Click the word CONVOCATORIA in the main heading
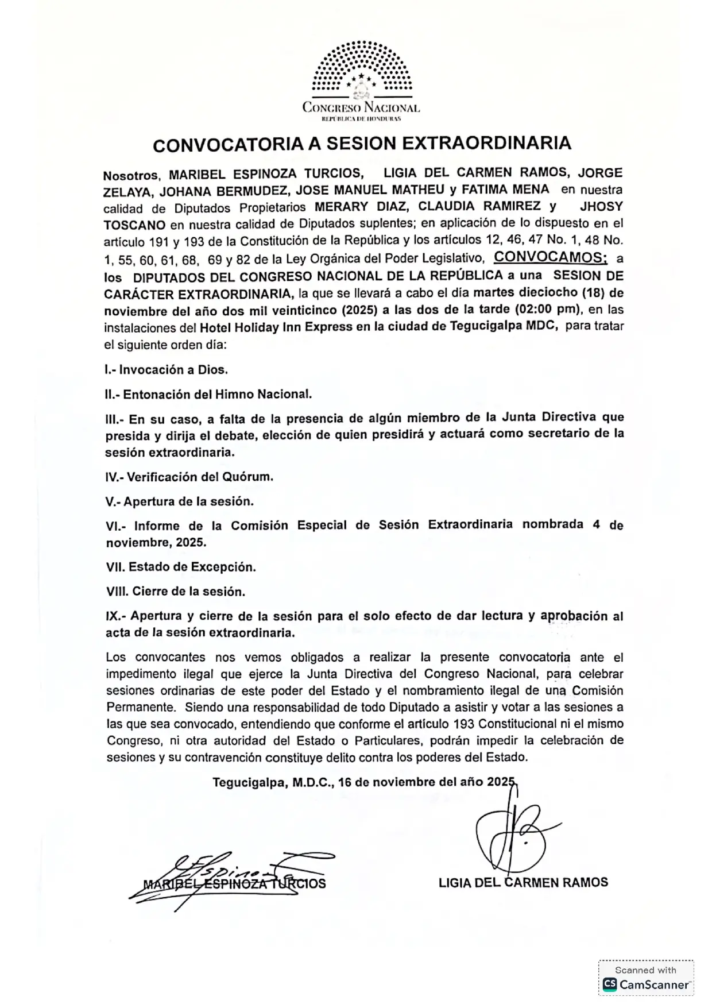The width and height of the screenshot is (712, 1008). [x=228, y=145]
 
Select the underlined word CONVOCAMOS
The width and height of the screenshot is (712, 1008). [x=550, y=257]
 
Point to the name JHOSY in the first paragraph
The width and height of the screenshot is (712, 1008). [x=601, y=206]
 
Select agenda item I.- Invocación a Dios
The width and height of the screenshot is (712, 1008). [x=167, y=370]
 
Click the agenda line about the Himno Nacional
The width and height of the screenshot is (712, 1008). [x=209, y=395]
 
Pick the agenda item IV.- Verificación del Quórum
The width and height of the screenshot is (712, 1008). [x=189, y=477]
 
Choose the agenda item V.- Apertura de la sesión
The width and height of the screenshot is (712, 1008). [x=180, y=501]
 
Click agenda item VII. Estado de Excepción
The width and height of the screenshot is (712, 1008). [x=181, y=567]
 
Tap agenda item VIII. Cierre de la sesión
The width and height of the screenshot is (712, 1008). [x=176, y=591]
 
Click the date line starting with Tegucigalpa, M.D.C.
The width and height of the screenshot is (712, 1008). [x=364, y=782]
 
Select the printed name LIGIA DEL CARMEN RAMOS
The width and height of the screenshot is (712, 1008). [x=523, y=882]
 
